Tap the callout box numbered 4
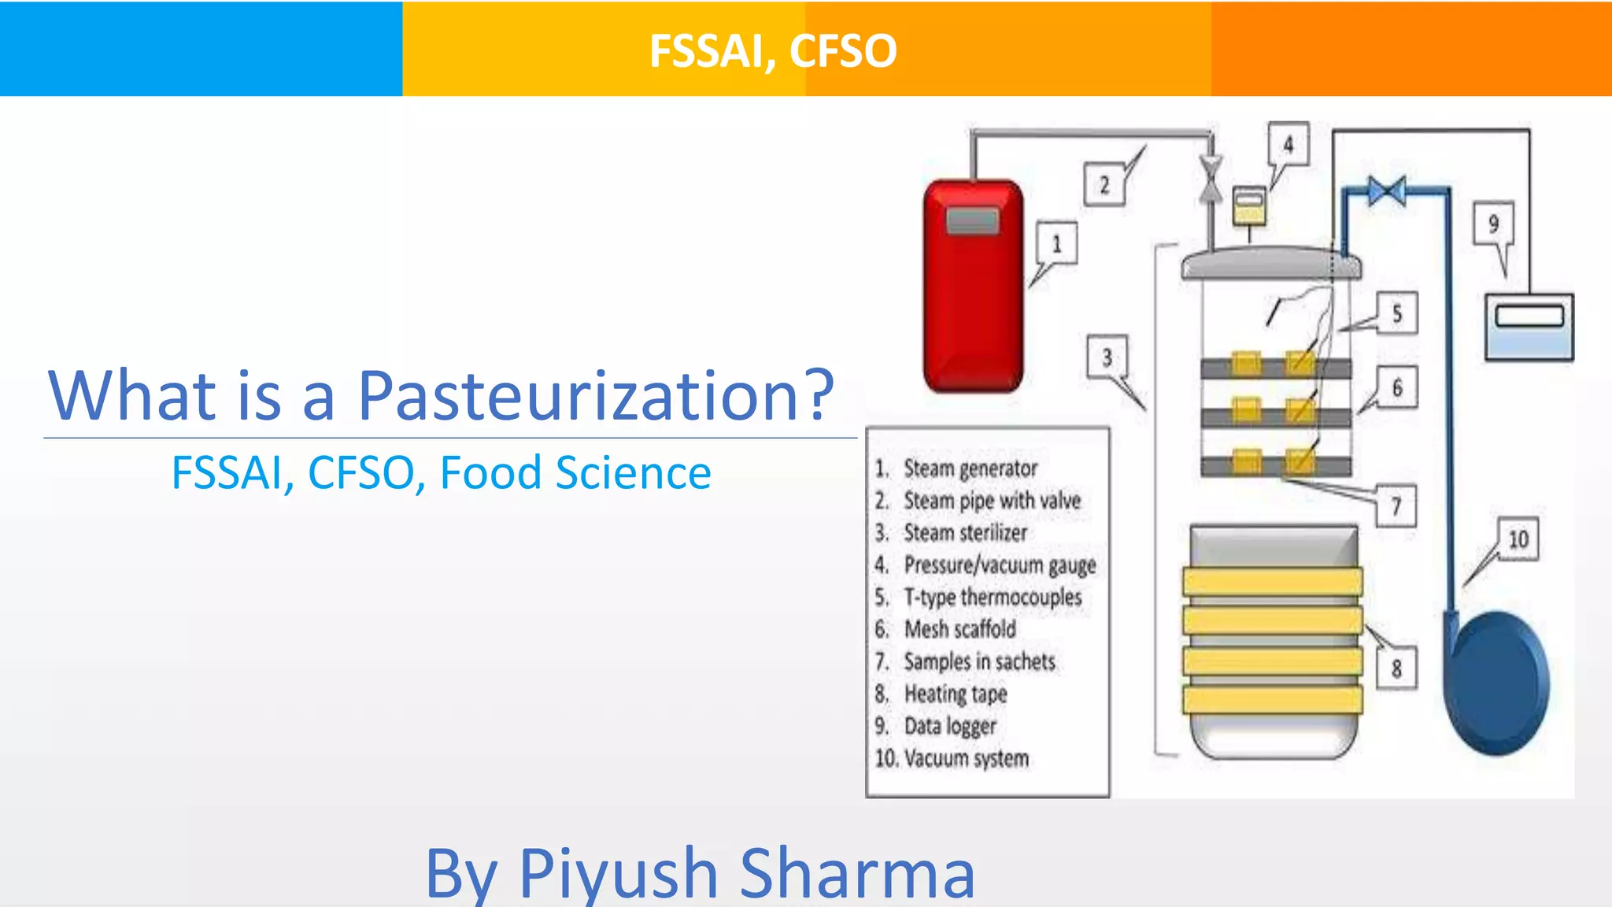tap(1288, 145)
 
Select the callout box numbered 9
tap(1493, 224)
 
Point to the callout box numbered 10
tap(1518, 539)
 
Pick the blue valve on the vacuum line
tap(1386, 191)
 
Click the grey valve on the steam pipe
tap(1211, 180)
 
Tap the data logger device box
tap(1529, 327)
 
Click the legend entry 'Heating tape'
tap(955, 694)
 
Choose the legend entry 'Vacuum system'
tap(966, 758)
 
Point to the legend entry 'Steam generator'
tap(970, 468)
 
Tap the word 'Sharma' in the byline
tap(857, 873)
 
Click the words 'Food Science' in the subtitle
tap(575, 473)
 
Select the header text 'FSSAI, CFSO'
tap(773, 50)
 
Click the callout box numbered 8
tap(1396, 668)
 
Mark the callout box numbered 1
tap(1056, 244)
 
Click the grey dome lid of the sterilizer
tap(1270, 263)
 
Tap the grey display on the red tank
tap(973, 220)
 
